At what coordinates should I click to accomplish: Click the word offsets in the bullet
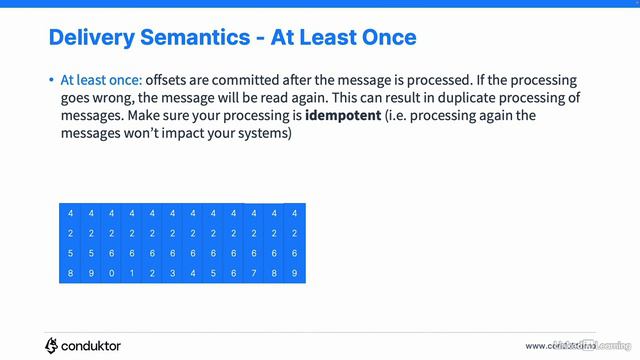[x=170, y=80]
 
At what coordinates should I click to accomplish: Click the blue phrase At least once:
[x=101, y=80]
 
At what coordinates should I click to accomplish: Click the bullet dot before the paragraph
[x=51, y=80]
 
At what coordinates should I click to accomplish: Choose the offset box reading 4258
[x=71, y=243]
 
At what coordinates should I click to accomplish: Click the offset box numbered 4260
[x=110, y=243]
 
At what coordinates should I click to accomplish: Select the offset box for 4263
[x=172, y=243]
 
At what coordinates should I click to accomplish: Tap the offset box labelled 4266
[x=233, y=243]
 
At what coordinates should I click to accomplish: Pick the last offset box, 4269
[x=295, y=243]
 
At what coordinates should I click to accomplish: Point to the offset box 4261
[x=131, y=243]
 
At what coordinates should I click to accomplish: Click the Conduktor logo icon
[x=52, y=345]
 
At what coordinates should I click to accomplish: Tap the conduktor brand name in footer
[x=93, y=345]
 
